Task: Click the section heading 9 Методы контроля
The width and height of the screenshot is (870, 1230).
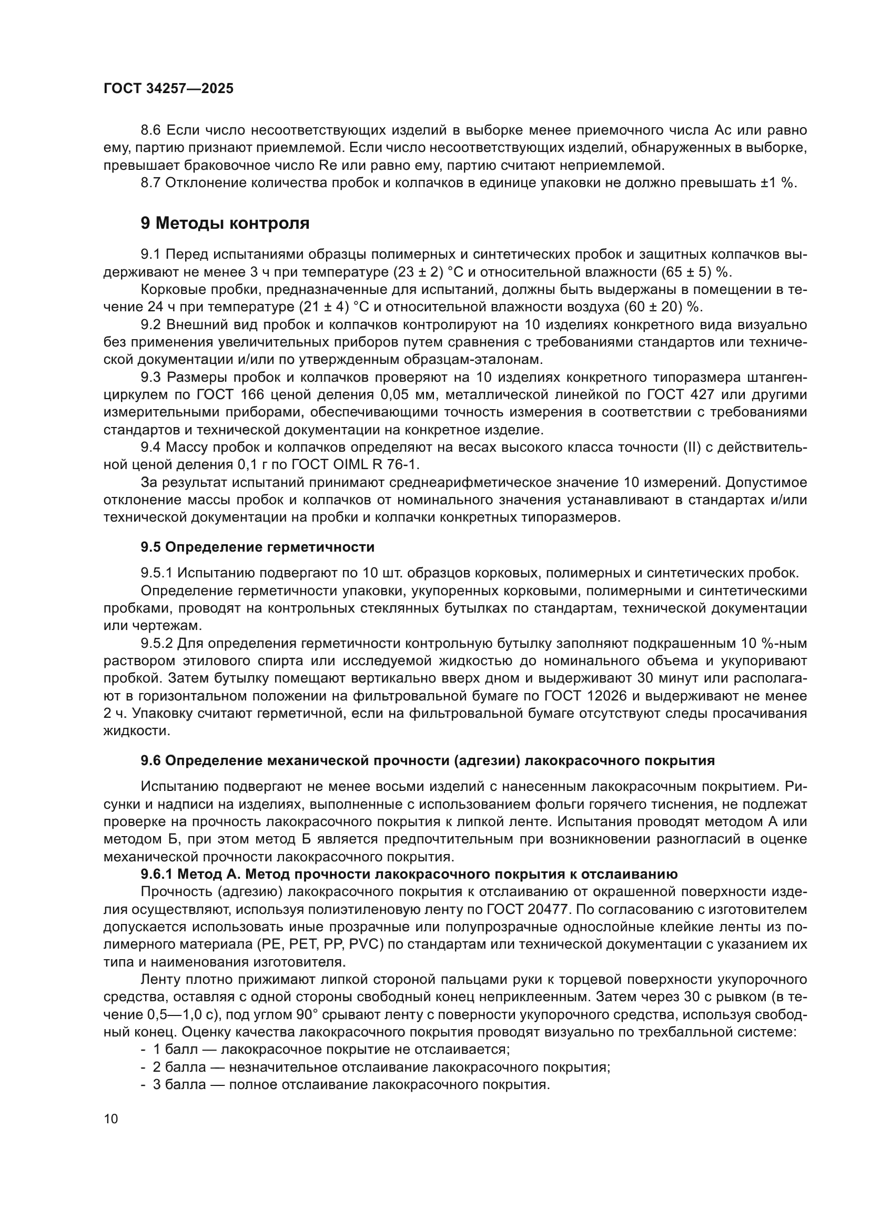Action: click(225, 223)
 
